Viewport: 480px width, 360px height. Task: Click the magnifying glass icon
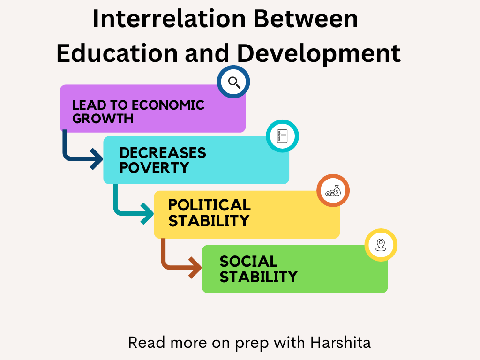click(233, 82)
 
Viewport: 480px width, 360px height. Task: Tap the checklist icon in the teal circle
click(282, 136)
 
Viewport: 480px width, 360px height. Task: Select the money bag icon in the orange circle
click(333, 191)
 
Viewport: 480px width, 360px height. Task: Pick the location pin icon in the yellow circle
click(381, 245)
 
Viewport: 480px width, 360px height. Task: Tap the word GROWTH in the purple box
click(103, 119)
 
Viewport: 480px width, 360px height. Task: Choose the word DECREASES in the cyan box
click(163, 153)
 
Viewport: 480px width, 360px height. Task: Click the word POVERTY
click(154, 167)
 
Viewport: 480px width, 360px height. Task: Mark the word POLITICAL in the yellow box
click(209, 205)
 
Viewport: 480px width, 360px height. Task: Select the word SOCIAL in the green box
click(248, 261)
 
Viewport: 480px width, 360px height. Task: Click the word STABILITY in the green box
click(258, 277)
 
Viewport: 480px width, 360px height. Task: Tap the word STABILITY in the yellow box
click(209, 221)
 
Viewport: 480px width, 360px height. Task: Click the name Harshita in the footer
click(340, 343)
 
